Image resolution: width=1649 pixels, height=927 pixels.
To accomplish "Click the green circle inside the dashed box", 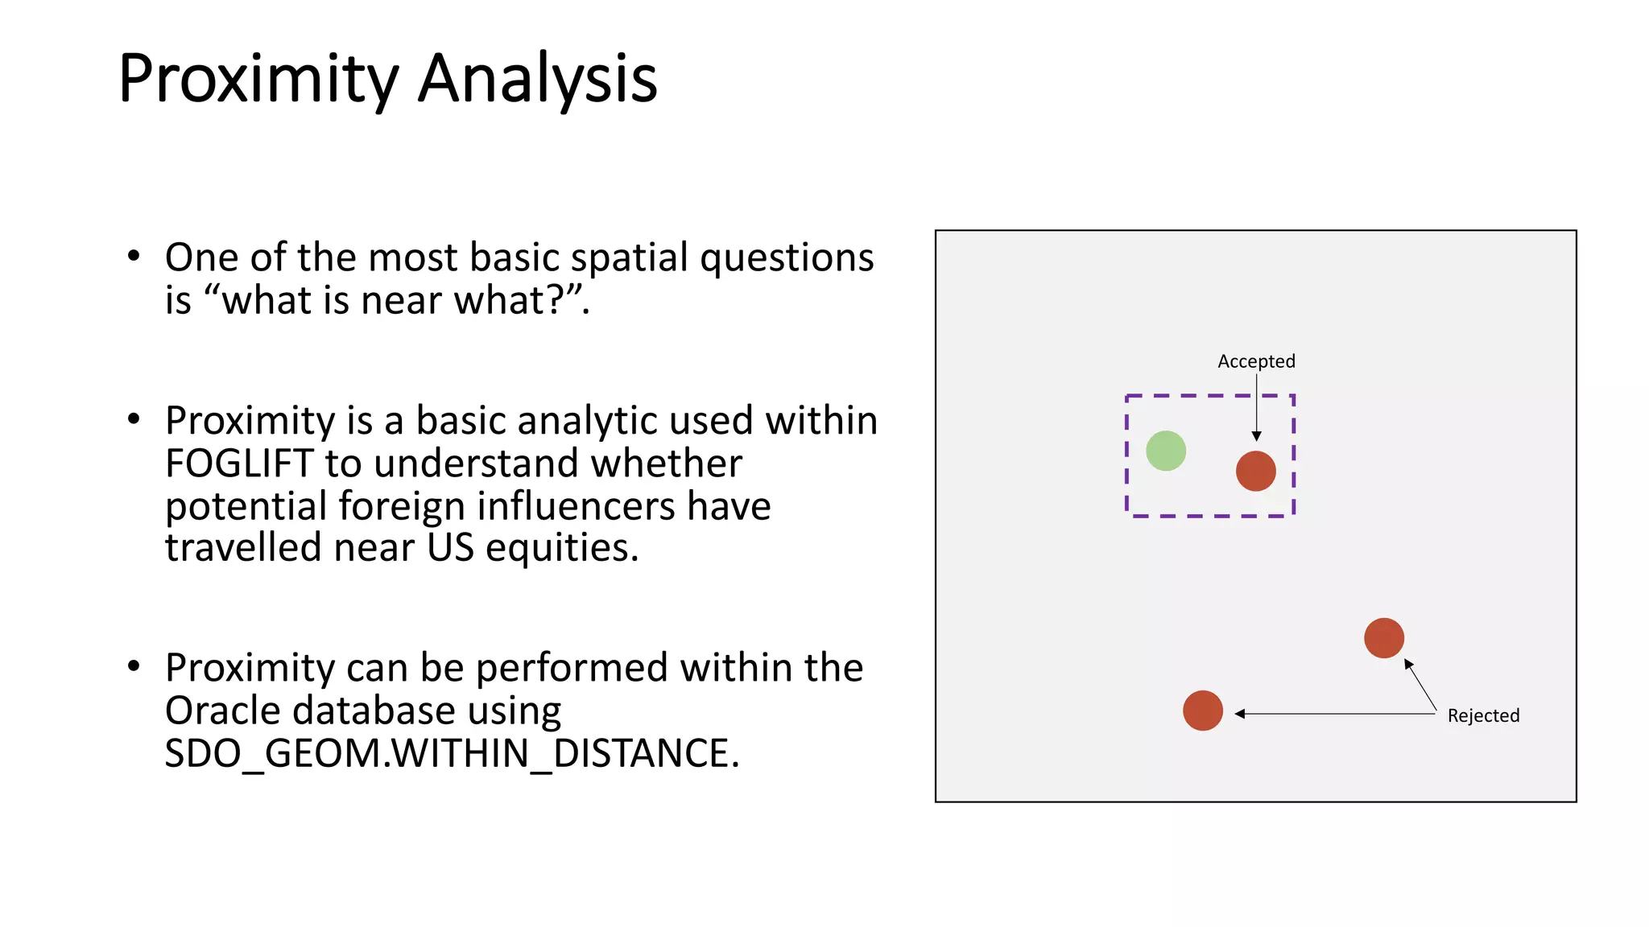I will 1165,451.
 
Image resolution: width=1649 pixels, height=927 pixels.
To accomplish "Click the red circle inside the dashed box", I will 1255,471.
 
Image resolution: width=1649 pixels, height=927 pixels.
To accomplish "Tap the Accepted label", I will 1255,361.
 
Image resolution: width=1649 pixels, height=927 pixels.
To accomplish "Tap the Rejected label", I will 1482,715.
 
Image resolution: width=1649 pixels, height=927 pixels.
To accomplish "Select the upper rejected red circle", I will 1383,638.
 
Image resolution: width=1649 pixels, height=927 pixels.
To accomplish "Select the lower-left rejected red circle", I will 1202,711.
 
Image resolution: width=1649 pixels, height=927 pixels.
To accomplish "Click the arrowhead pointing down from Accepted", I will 1256,435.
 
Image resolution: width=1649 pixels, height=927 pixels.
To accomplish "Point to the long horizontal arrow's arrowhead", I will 1241,714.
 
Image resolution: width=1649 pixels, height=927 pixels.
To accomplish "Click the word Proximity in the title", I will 258,79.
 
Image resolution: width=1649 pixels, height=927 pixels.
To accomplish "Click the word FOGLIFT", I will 239,463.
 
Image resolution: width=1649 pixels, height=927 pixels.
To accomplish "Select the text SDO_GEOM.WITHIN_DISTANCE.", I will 451,754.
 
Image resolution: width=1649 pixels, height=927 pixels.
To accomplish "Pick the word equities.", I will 562,548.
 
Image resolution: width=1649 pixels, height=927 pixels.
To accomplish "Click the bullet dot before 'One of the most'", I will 134,257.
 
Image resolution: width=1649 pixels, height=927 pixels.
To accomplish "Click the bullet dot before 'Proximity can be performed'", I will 134,666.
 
